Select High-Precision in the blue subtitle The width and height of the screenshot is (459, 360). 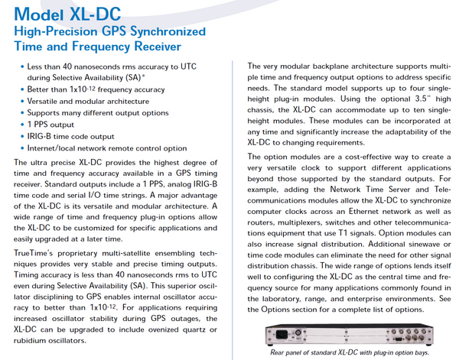60,32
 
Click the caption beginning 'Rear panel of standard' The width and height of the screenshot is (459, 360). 345,352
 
